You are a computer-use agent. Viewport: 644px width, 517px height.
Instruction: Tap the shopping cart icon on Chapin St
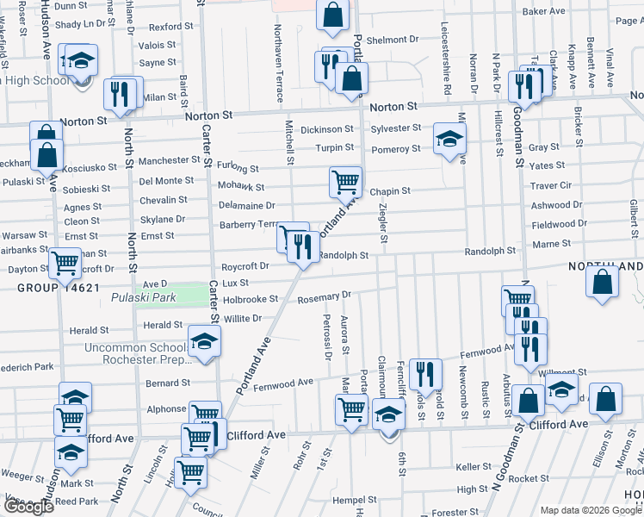point(345,182)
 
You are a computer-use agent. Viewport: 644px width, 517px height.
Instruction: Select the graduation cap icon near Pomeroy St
point(449,139)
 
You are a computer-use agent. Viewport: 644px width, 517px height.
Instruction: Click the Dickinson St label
point(326,129)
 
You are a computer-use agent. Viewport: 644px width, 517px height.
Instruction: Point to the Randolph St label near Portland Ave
point(344,255)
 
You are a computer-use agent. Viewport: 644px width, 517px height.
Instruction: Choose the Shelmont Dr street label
point(392,40)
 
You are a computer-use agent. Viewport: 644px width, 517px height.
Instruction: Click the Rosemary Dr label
point(324,296)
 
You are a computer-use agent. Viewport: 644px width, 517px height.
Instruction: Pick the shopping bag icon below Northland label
point(603,281)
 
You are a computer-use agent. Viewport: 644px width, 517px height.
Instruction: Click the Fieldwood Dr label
point(559,223)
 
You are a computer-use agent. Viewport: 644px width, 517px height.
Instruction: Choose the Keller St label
point(474,467)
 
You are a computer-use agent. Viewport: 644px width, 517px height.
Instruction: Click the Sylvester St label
point(396,128)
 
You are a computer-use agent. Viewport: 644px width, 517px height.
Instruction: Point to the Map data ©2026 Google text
point(590,510)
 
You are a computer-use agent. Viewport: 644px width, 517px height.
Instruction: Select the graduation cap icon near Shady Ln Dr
point(81,62)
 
